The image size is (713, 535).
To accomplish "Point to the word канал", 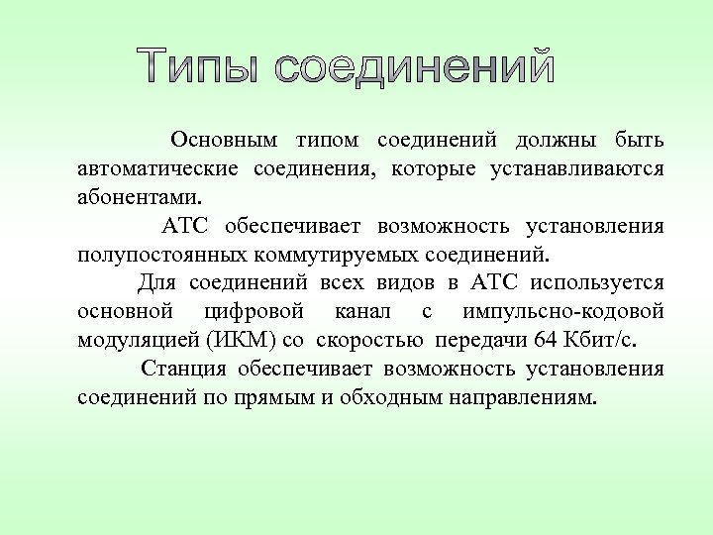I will (362, 312).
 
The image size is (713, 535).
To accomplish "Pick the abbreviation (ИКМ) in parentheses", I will (234, 342).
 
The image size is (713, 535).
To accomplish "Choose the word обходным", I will (427, 399).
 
